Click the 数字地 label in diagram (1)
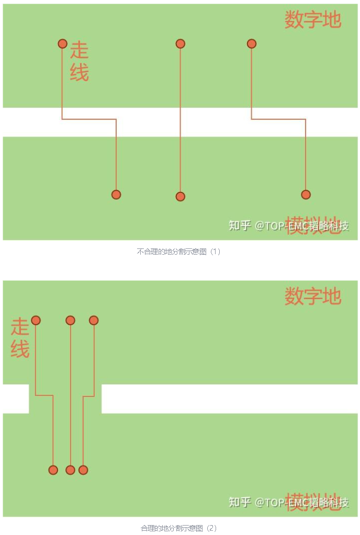pyautogui.click(x=312, y=20)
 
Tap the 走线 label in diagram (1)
pyautogui.click(x=80, y=61)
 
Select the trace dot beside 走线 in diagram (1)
pyautogui.click(x=62, y=44)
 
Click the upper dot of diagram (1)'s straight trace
pyautogui.click(x=180, y=44)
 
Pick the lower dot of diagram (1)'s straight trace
pyautogui.click(x=180, y=197)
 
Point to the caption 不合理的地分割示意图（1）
pyautogui.click(x=179, y=252)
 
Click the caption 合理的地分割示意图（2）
pyautogui.click(x=179, y=528)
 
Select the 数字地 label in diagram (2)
pyautogui.click(x=312, y=297)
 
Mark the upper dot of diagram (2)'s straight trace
pyautogui.click(x=70, y=320)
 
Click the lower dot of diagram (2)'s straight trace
pyautogui.click(x=70, y=470)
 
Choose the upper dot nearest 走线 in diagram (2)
pyautogui.click(x=36, y=320)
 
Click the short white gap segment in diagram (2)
pyautogui.click(x=15, y=399)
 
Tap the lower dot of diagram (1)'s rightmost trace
pyautogui.click(x=306, y=195)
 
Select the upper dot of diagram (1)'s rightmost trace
pyautogui.click(x=251, y=44)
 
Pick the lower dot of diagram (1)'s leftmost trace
pyautogui.click(x=116, y=195)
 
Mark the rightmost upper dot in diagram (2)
pyautogui.click(x=94, y=320)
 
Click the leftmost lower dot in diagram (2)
pyautogui.click(x=53, y=470)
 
